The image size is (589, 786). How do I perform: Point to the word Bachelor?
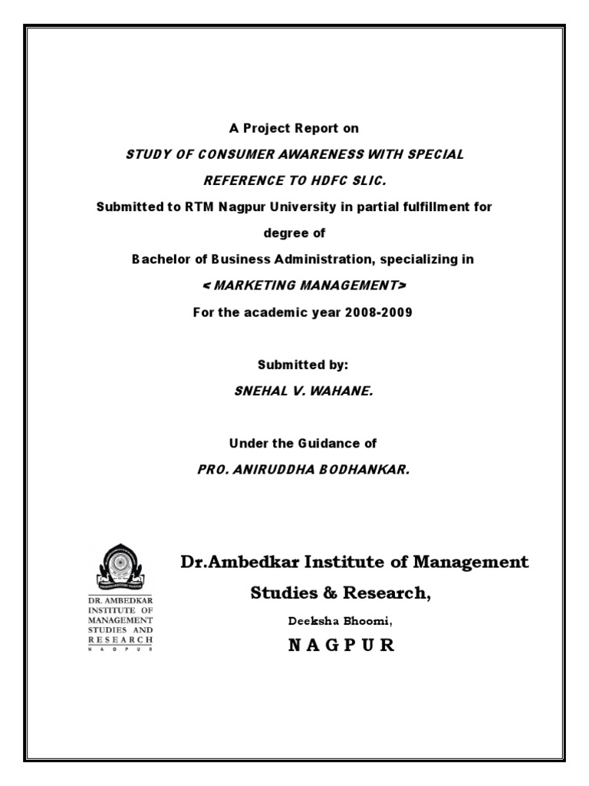[x=159, y=259]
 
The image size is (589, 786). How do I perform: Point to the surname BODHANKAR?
[x=360, y=469]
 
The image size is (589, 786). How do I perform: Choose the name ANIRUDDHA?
[x=265, y=469]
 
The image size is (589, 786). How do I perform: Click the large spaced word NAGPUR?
[x=341, y=646]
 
